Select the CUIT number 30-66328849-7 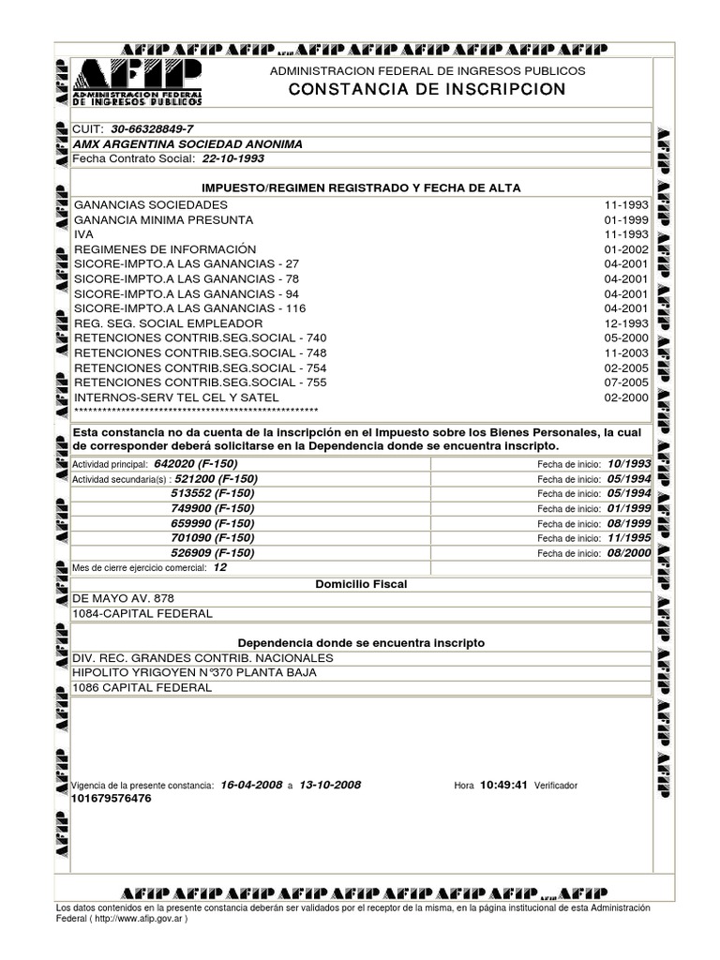pos(152,129)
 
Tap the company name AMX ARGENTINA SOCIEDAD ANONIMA pos(187,144)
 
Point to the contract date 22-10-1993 pos(233,159)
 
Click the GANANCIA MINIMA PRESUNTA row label pos(163,219)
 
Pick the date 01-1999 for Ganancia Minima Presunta pos(625,219)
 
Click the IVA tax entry pos(84,234)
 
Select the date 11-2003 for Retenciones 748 pos(625,353)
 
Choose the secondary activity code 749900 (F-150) pos(212,508)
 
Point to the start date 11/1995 pos(628,538)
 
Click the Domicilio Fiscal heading pos(361,584)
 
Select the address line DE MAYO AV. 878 pos(124,599)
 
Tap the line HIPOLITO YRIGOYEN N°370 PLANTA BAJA pos(195,673)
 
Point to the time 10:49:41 pos(504,785)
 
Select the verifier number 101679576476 pos(111,799)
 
